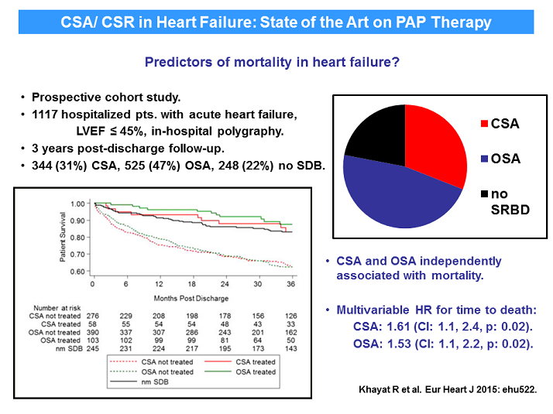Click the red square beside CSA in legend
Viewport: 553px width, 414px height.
(484, 122)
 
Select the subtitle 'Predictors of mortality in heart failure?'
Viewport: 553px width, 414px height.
(272, 62)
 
